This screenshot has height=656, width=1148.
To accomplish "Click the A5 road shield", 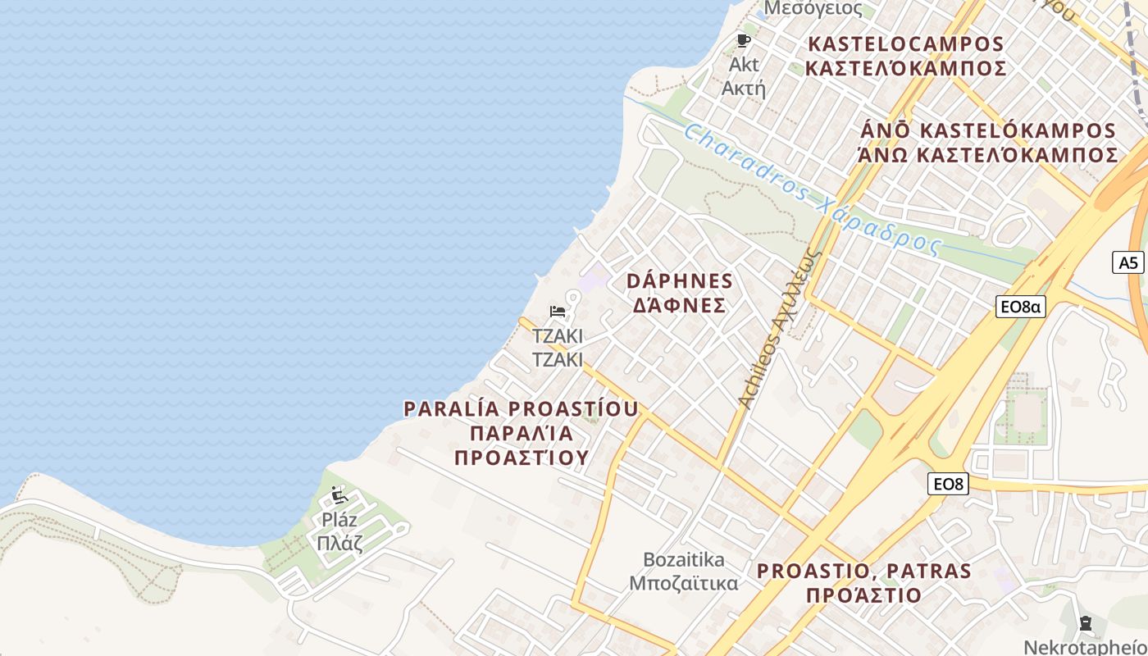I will point(1128,262).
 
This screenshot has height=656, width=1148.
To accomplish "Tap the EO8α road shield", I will point(1020,307).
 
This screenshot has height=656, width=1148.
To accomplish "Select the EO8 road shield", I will point(948,484).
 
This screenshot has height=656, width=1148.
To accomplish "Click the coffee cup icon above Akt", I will point(744,40).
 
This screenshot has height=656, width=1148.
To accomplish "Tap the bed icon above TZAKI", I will point(558,312).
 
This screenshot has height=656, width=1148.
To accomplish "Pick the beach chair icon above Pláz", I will point(339,494).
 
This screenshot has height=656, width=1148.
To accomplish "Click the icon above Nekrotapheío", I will point(1086,623).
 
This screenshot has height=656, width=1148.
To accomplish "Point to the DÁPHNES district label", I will point(680,281).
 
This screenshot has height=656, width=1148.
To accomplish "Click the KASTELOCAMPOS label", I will point(905,43).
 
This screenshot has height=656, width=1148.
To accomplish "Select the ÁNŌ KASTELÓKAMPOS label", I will point(987,130).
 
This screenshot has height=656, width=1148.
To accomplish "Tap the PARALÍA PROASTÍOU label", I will point(522,408).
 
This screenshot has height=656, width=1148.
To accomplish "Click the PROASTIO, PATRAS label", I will point(863,571).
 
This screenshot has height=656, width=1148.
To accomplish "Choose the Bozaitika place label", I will point(684,560).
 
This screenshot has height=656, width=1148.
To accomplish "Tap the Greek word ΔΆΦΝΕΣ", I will point(680,306).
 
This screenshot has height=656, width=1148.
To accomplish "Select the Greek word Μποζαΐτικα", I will point(684,583).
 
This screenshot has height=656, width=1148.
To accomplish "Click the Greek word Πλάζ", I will point(339,542).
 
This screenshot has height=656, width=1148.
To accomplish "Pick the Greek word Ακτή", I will point(743,88).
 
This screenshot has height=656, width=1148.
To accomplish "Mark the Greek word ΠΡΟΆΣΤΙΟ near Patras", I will point(863,595).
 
